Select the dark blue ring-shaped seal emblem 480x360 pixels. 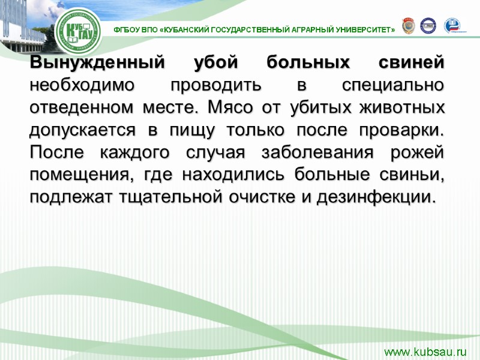(428, 26)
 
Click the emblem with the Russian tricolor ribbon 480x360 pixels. (452, 26)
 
